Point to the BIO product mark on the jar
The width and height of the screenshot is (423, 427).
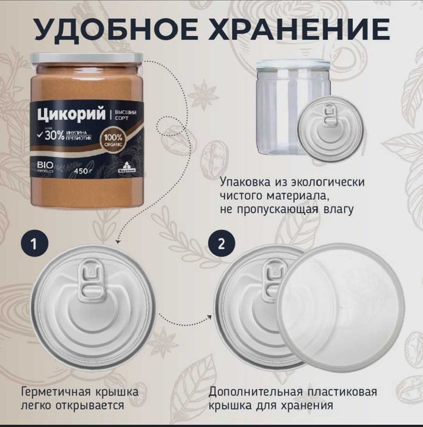46,167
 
